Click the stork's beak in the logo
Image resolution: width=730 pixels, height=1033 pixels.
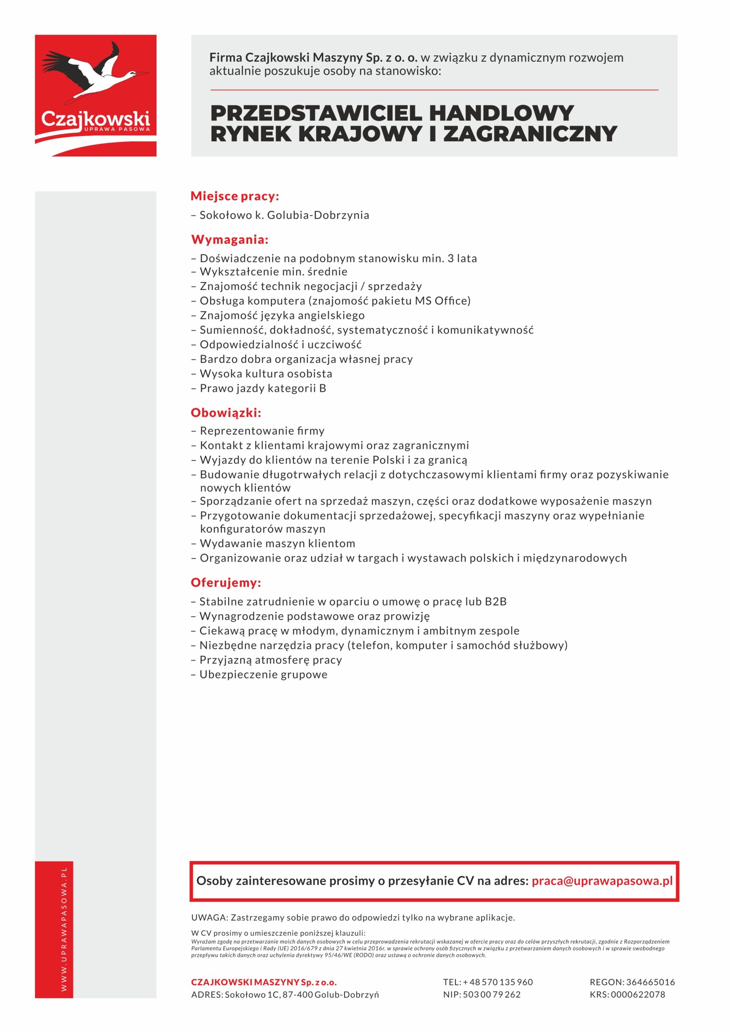click(142, 73)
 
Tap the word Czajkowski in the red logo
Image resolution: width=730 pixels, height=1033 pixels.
click(95, 119)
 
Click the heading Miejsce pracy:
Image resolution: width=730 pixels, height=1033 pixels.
click(235, 196)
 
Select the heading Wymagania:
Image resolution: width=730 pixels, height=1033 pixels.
click(230, 239)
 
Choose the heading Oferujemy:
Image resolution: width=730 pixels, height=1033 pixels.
click(226, 583)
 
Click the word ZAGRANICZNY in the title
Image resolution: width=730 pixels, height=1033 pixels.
click(530, 134)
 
